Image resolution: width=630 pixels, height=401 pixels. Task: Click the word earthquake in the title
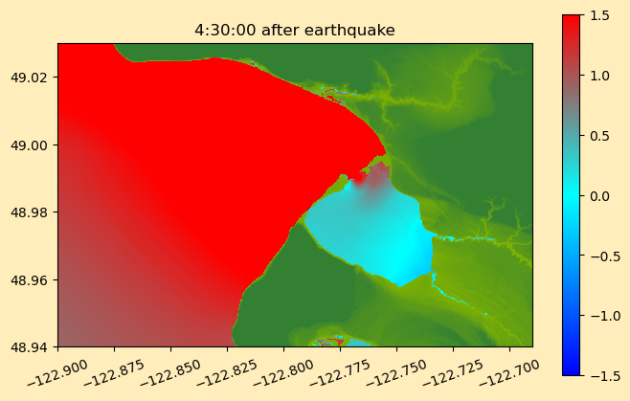[349, 31]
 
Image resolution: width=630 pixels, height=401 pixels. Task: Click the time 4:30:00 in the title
[225, 30]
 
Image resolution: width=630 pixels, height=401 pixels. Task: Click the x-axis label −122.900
[57, 373]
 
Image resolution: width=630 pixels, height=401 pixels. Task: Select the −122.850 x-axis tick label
[170, 373]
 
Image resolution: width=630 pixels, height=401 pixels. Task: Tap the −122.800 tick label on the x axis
[283, 373]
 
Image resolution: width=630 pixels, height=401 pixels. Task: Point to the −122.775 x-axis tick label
[340, 373]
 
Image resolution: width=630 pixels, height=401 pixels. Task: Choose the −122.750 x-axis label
[396, 373]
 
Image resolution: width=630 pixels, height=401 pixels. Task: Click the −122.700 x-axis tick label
[509, 373]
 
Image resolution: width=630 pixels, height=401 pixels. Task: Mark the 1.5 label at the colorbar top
[599, 15]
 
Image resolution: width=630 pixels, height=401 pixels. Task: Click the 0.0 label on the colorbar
[599, 196]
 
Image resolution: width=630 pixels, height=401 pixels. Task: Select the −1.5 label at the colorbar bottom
[605, 376]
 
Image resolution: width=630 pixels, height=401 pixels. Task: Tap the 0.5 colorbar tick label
[599, 136]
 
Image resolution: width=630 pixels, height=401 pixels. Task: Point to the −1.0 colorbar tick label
[605, 316]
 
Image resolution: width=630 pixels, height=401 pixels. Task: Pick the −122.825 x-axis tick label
[228, 373]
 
